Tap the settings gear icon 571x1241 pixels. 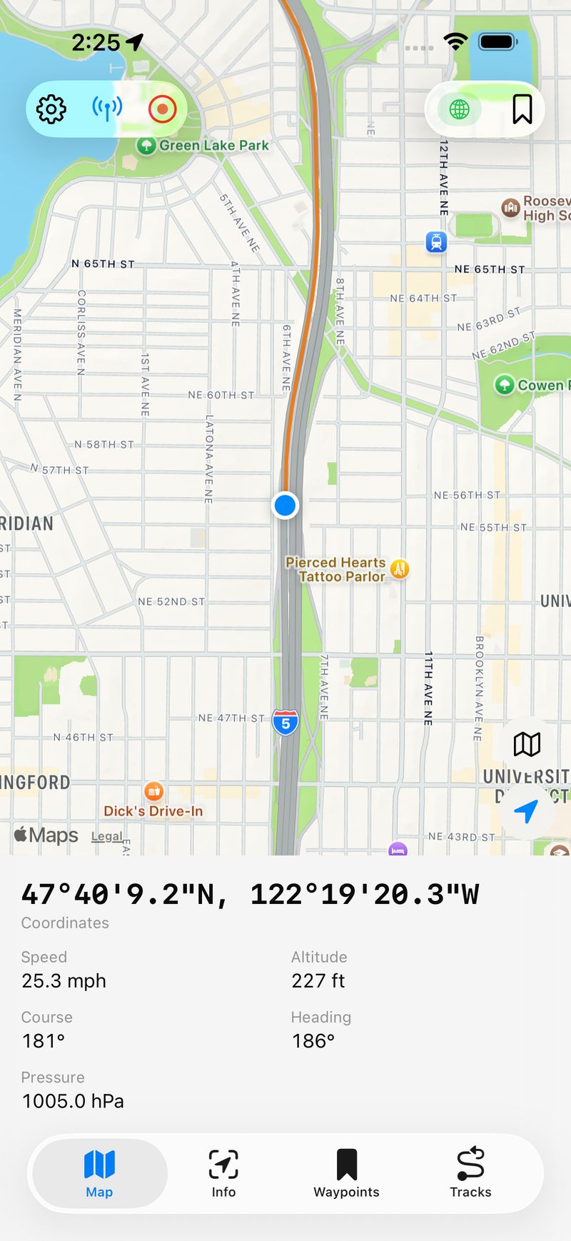coord(51,109)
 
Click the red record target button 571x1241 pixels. coord(162,109)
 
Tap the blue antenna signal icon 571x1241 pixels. coord(107,109)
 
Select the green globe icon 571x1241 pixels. coord(460,109)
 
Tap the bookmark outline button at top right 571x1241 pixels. coord(522,109)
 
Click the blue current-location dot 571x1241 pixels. coord(285,506)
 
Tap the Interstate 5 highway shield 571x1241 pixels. coord(285,723)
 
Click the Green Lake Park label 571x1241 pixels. coord(213,146)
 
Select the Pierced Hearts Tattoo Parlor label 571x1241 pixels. coord(335,570)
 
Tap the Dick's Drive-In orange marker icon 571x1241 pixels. coord(154,791)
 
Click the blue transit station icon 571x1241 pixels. coord(436,242)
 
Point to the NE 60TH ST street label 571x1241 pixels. coord(221,395)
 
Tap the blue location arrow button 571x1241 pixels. coord(526,811)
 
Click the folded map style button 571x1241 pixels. coord(527,744)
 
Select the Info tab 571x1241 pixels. coord(223,1173)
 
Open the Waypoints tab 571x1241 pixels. coord(346,1173)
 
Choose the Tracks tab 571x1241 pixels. coord(470,1173)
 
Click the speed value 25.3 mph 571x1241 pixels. coord(64,981)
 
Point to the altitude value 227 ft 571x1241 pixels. coord(318,981)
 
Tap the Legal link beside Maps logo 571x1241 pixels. coord(106,837)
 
